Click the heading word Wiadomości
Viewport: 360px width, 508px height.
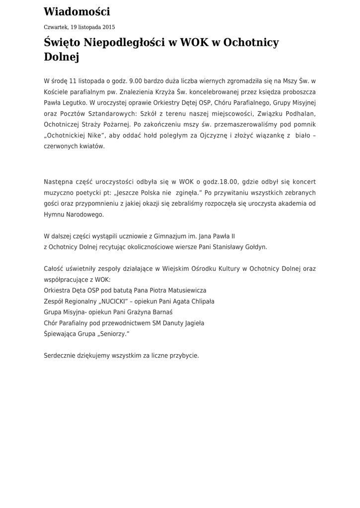click(x=77, y=12)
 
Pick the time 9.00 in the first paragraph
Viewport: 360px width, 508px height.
click(x=136, y=81)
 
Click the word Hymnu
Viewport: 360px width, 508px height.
click(x=53, y=214)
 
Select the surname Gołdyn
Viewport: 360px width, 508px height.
click(x=254, y=247)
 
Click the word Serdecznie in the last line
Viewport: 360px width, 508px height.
click(x=59, y=356)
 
